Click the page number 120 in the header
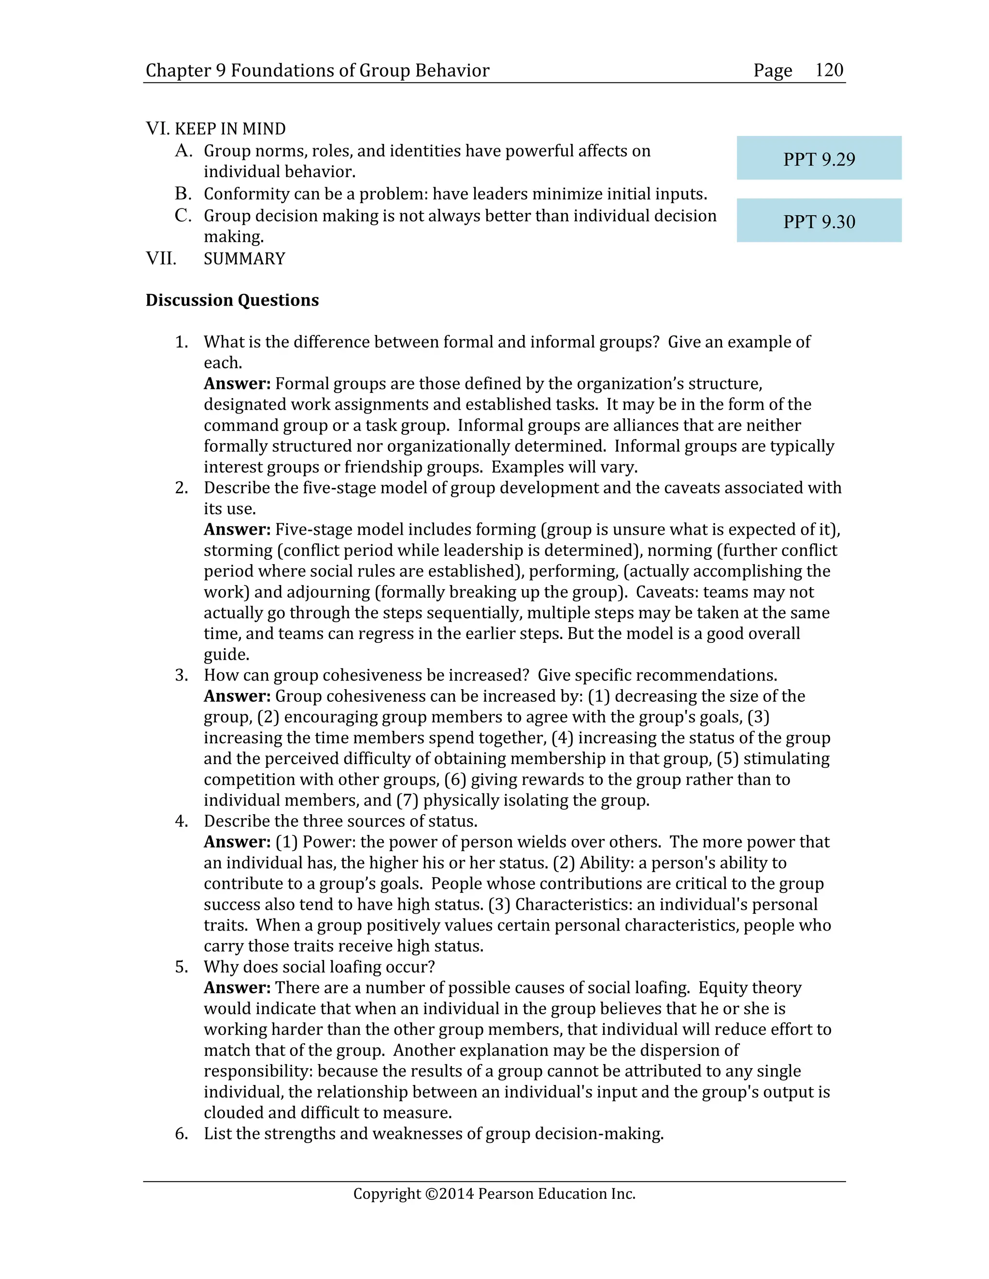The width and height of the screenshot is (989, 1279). point(829,70)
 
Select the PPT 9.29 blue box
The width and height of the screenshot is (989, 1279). point(819,158)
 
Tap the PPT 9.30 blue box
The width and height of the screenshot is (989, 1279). point(819,221)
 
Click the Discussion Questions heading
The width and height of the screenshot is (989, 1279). point(232,300)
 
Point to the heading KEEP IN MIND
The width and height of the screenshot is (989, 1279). point(230,129)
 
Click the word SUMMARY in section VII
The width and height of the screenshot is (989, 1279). point(244,259)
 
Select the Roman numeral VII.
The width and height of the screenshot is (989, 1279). point(160,259)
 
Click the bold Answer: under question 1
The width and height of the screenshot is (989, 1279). point(237,384)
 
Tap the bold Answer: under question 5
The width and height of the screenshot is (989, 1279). point(237,987)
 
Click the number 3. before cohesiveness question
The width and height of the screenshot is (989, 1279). point(182,675)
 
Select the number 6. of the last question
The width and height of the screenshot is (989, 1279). point(182,1133)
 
